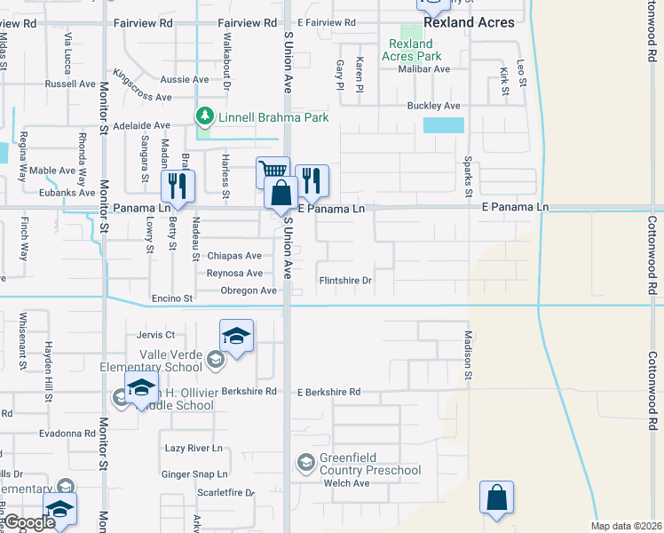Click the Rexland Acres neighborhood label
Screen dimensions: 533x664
(469, 22)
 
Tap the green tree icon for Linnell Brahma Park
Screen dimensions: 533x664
(205, 116)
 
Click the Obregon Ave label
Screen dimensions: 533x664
(243, 290)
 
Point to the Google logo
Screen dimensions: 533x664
(28, 523)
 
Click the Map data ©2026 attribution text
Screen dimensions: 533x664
(626, 526)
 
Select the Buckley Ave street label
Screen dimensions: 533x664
(433, 106)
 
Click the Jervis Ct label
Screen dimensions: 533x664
(156, 335)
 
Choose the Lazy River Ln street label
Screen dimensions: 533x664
(194, 449)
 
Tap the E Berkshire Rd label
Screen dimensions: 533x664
(329, 391)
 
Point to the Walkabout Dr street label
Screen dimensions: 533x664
(226, 71)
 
